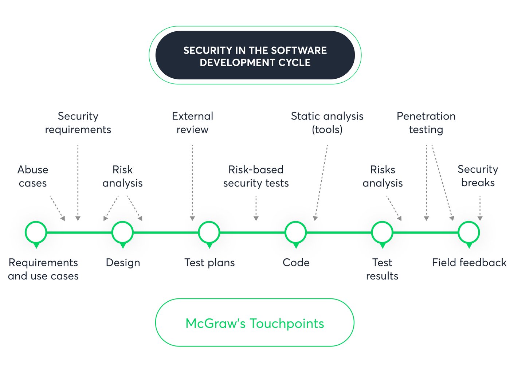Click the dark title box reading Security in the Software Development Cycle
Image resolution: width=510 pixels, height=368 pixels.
click(x=255, y=56)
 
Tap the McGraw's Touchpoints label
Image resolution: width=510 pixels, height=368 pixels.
click(x=255, y=323)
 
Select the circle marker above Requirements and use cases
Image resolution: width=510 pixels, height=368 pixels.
click(x=36, y=232)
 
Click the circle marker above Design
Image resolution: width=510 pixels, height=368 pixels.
click(x=123, y=232)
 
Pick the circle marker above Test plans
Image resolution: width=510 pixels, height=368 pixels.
click(x=209, y=232)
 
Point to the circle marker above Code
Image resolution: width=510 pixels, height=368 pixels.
click(x=296, y=232)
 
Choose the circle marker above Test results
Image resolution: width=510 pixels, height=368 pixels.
click(x=382, y=232)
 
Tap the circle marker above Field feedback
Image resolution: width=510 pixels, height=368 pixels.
click(x=469, y=232)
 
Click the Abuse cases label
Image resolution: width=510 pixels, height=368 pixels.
click(x=33, y=176)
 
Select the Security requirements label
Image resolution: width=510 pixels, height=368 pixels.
click(x=78, y=123)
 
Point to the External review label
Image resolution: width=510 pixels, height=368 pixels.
click(x=192, y=123)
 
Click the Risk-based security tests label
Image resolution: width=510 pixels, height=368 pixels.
click(x=256, y=176)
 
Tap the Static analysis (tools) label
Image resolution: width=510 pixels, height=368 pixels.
click(x=327, y=123)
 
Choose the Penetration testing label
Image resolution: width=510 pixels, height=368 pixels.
click(x=426, y=123)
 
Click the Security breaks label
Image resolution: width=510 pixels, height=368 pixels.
click(x=478, y=176)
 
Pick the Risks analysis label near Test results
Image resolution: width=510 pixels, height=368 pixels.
click(x=382, y=176)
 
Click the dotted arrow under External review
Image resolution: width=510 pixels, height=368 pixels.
click(x=192, y=182)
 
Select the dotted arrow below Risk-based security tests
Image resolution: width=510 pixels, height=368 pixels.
click(x=256, y=208)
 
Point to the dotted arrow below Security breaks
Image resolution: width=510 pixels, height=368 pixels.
click(x=480, y=208)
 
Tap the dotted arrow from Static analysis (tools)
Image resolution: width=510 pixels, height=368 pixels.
click(x=321, y=182)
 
